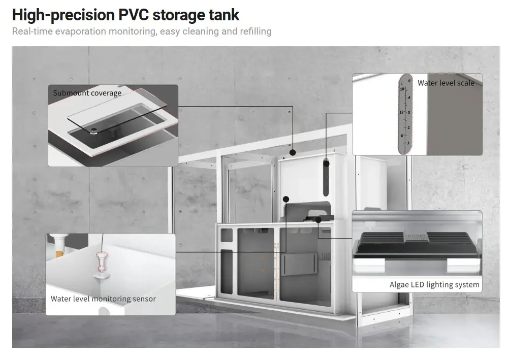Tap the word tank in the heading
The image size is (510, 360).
[222, 15]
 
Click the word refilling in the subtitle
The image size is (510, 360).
[253, 31]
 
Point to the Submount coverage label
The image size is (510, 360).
[87, 93]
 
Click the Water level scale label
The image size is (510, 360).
[445, 83]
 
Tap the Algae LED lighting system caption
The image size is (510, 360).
[434, 284]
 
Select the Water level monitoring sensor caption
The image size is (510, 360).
[103, 299]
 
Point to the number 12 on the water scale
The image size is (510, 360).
[401, 112]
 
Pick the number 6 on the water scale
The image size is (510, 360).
[402, 135]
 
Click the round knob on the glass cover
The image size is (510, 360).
[94, 131]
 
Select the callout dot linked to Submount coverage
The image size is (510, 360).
[293, 152]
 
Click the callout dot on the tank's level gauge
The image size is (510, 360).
[326, 163]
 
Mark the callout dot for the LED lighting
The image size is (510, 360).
[317, 220]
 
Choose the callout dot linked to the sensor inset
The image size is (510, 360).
[286, 200]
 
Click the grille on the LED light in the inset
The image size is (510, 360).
[417, 235]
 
